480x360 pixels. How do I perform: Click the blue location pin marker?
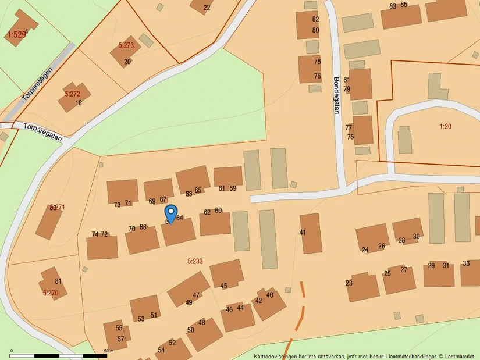point(170,214)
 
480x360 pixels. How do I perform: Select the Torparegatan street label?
point(42,131)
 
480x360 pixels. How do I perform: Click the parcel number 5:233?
point(195,261)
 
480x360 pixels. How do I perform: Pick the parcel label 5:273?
point(126,45)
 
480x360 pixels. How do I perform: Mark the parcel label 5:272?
point(72,93)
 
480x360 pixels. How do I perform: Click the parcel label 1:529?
point(16,35)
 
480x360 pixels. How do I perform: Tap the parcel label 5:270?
point(51,293)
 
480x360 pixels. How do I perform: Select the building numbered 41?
point(311,233)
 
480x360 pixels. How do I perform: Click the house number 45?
point(224,286)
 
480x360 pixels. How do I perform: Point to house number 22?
point(207,8)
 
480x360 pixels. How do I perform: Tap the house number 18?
point(79,103)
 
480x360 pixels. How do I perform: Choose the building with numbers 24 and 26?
point(372,238)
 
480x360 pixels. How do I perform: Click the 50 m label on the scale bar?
point(109,351)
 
